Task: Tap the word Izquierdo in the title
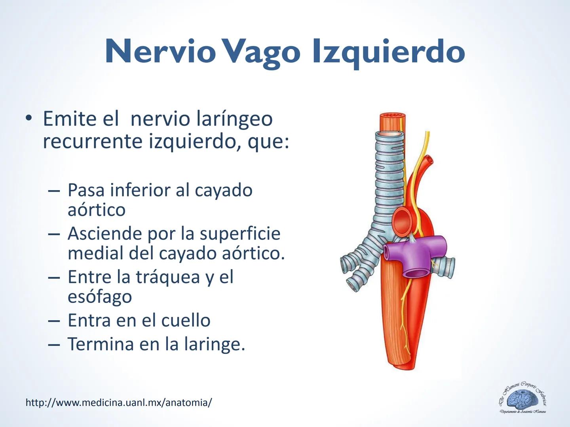(388, 52)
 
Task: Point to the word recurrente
(93, 141)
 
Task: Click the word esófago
(100, 297)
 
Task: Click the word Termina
(100, 344)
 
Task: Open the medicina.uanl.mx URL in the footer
(119, 402)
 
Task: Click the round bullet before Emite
(28, 119)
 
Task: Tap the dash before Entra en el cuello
(54, 321)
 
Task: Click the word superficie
(240, 233)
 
